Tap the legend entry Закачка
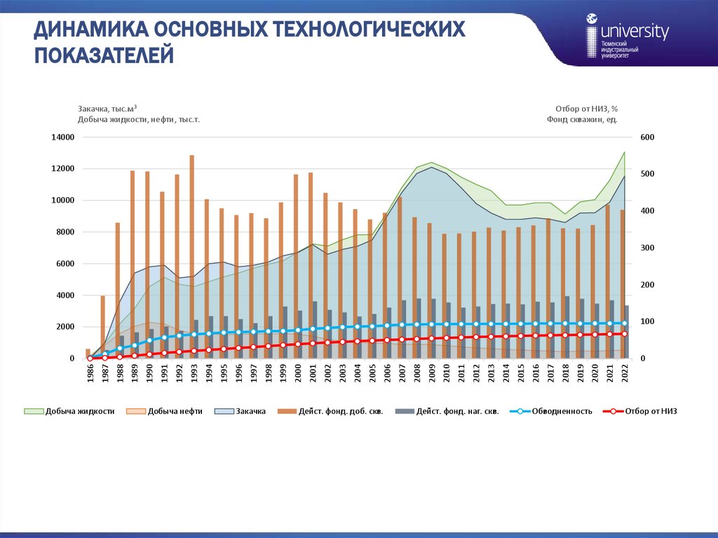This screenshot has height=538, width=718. pyautogui.click(x=250, y=411)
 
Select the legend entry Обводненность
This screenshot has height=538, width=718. pyautogui.click(x=562, y=411)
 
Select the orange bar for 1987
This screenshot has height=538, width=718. pyautogui.click(x=102, y=327)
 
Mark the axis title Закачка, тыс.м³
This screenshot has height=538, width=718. pyautogui.click(x=107, y=109)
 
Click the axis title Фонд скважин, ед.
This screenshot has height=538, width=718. pyautogui.click(x=582, y=119)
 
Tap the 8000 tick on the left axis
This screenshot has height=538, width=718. pyautogui.click(x=65, y=232)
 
